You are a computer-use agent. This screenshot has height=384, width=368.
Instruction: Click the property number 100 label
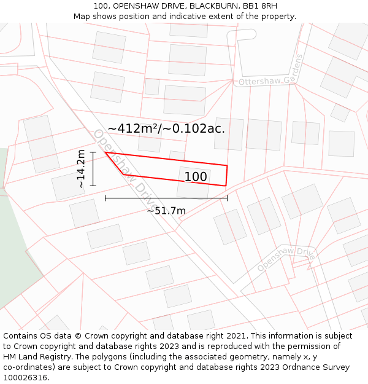click(x=196, y=177)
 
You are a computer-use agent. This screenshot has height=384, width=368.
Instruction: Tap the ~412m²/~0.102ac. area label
click(x=166, y=128)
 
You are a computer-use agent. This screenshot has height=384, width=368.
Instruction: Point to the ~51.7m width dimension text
click(x=166, y=211)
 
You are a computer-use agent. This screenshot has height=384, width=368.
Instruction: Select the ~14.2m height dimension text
click(x=81, y=168)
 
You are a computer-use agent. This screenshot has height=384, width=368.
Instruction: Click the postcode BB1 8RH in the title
click(x=260, y=6)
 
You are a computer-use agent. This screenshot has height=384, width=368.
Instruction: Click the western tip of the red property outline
click(x=105, y=152)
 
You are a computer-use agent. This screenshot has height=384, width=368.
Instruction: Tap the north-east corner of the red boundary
click(x=228, y=165)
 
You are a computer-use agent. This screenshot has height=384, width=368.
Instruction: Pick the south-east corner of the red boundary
click(x=226, y=186)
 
